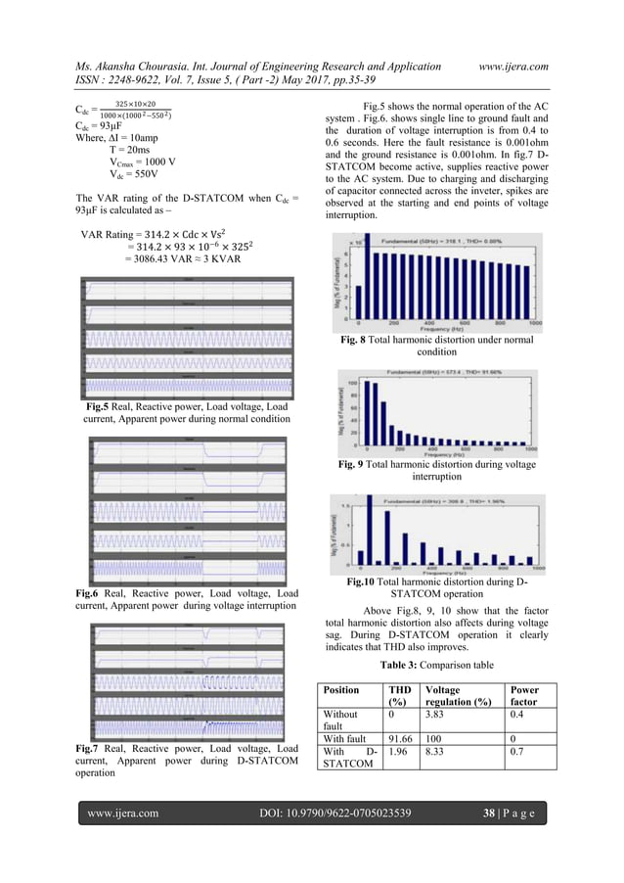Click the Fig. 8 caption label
(x=348, y=340)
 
